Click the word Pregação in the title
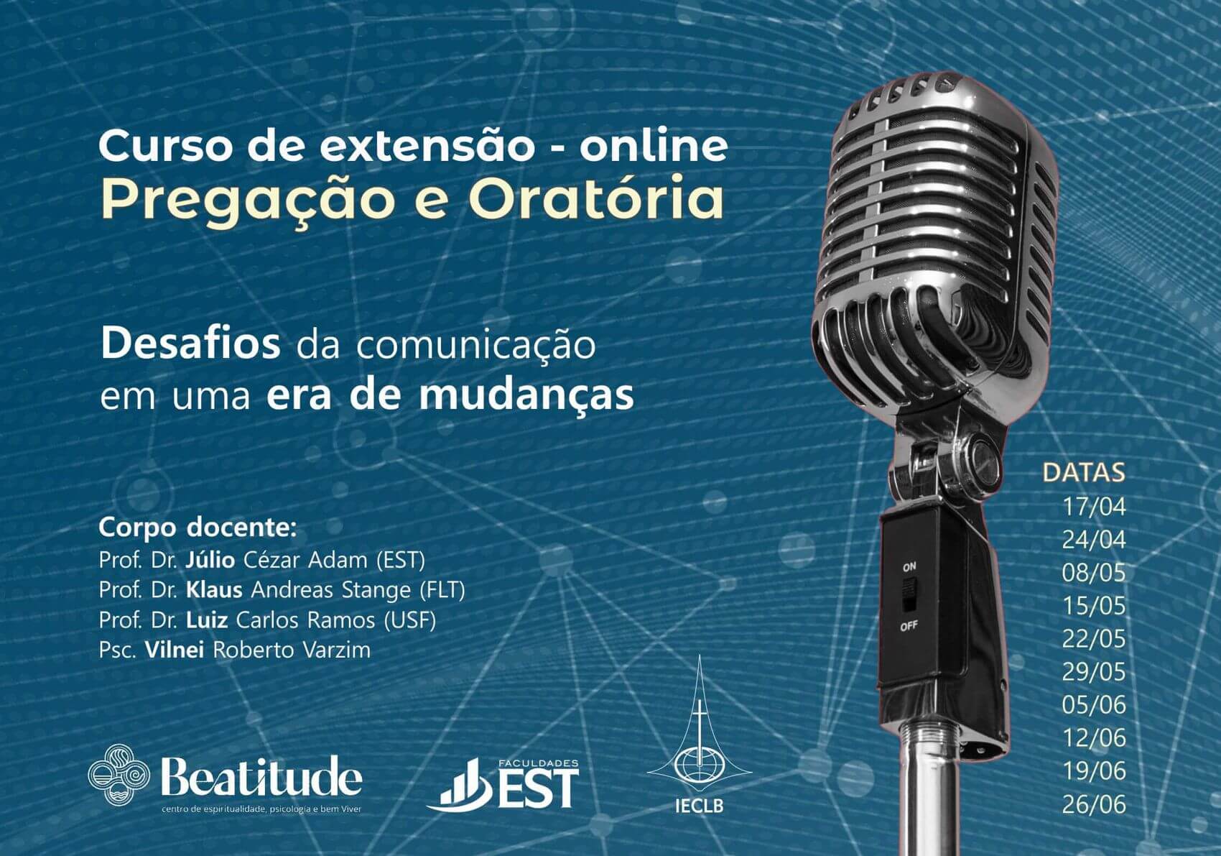248,202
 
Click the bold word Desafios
190,345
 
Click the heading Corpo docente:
198,528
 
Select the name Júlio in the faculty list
210,560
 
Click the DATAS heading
1084,473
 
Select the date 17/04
1093,507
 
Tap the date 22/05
1093,639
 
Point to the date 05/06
1093,705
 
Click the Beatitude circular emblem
119,776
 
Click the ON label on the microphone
909,567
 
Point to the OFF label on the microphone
909,626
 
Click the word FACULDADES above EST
538,763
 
